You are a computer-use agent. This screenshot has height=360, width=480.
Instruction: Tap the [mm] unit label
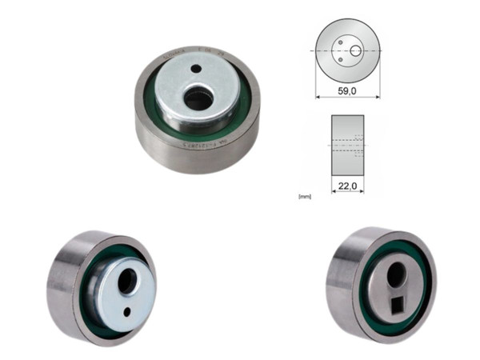(303, 194)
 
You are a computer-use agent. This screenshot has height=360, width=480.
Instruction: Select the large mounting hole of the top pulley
(198, 99)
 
